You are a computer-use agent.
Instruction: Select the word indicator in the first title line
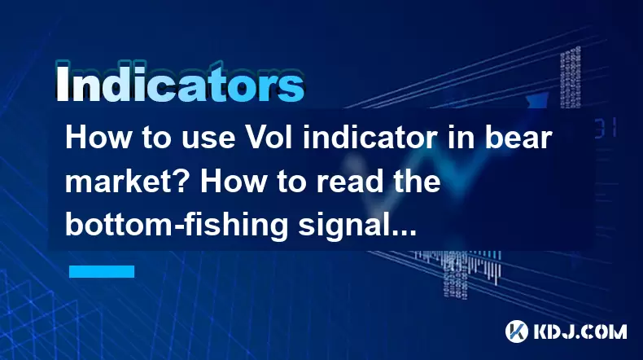pyautogui.click(x=370, y=138)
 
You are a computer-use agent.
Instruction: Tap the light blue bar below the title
pyautogui.click(x=102, y=271)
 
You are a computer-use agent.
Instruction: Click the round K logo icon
pyautogui.click(x=517, y=331)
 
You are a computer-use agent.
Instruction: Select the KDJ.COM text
pyautogui.click(x=580, y=331)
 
